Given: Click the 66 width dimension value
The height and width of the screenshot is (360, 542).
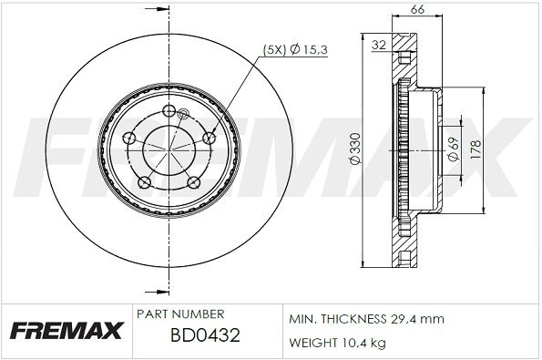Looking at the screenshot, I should pyautogui.click(x=417, y=10).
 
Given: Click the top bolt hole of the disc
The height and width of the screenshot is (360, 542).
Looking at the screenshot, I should pyautogui.click(x=170, y=111).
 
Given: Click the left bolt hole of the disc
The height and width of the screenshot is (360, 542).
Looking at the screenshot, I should pyautogui.click(x=130, y=139).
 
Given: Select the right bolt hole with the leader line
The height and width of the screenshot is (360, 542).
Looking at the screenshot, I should pyautogui.click(x=210, y=138).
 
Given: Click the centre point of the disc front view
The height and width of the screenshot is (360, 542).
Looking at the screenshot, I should pyautogui.click(x=170, y=148).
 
